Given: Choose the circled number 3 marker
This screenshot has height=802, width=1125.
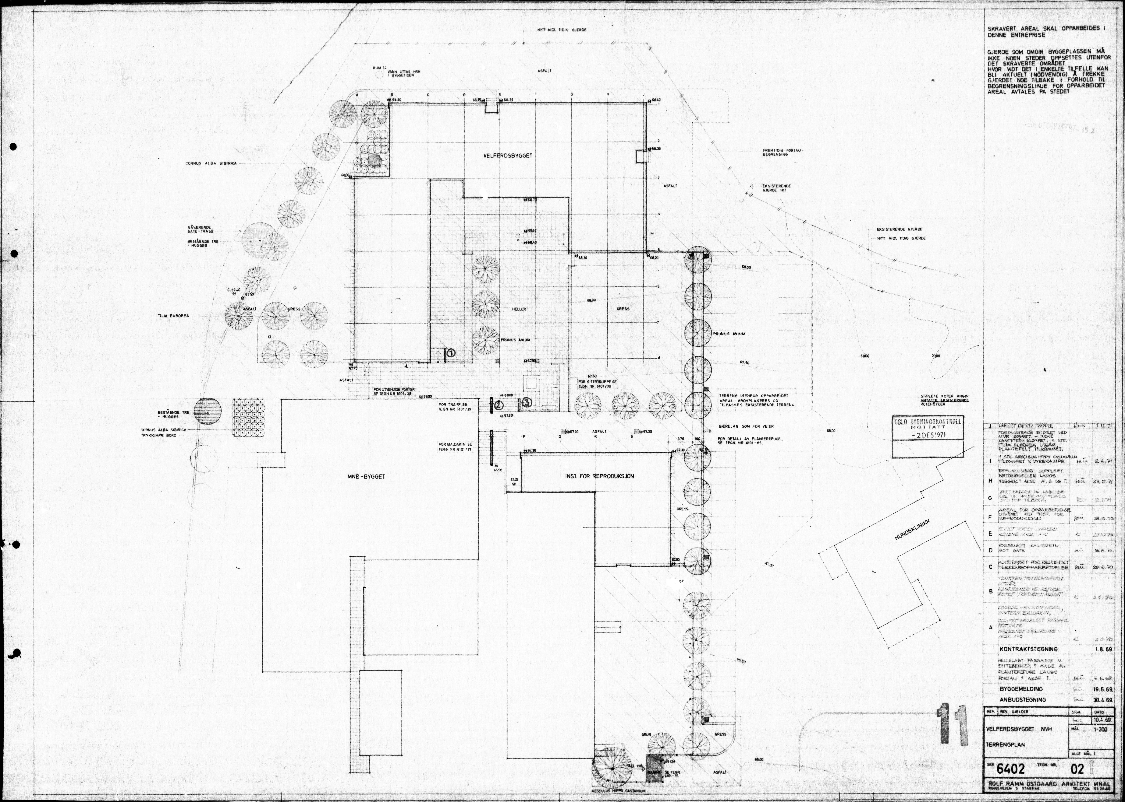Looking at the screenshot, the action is point(527,402).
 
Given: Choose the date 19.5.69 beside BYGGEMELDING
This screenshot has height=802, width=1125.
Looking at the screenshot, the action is point(1102,689).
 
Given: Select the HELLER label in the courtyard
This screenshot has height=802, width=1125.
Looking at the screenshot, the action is point(519,309).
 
